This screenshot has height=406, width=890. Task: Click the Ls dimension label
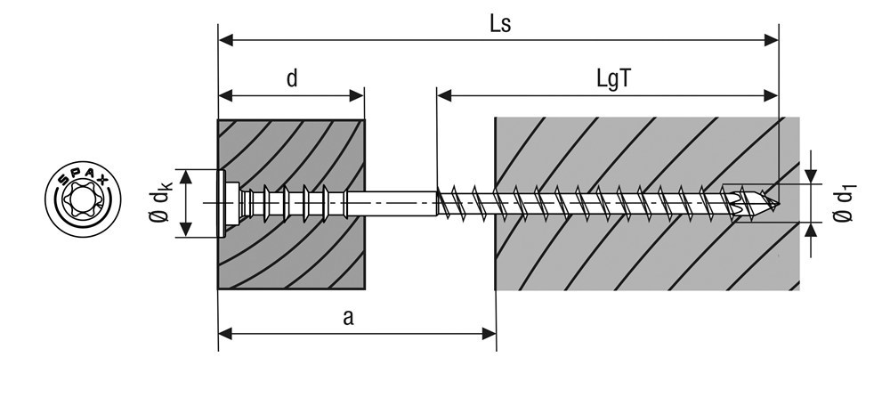(500, 24)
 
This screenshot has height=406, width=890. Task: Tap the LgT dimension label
(613, 79)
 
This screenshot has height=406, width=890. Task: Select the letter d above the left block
(292, 78)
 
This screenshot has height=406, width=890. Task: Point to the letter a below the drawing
(348, 318)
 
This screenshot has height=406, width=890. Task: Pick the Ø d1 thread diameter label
(845, 203)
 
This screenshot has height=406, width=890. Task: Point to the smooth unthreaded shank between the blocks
(391, 203)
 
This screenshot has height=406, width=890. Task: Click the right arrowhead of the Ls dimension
(771, 40)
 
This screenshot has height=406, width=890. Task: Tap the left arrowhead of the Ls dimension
(226, 40)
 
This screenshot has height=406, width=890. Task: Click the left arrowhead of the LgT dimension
(444, 95)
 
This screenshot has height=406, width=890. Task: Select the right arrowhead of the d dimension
(357, 95)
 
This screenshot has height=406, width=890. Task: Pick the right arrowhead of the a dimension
(489, 334)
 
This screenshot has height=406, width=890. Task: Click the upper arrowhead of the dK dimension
(186, 176)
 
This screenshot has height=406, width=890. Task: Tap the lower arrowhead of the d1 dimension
(812, 230)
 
